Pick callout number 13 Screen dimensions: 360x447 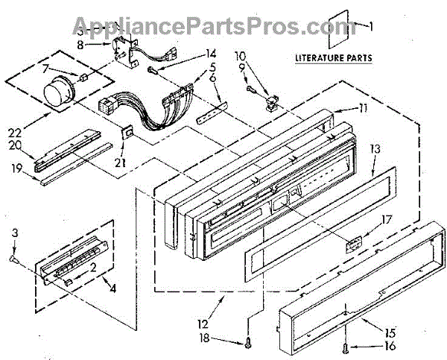coord(375,149)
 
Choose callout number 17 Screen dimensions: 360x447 coord(385,219)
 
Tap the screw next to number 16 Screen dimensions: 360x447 coord(345,346)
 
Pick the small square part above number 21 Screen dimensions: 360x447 coord(127,133)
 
